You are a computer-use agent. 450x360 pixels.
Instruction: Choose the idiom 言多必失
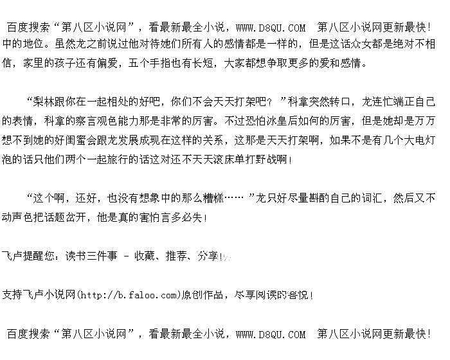point(181,218)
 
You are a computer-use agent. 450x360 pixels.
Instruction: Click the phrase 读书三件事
point(90,256)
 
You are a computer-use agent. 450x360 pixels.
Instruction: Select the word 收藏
point(145,256)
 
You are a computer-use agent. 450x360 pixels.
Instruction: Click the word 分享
point(208,256)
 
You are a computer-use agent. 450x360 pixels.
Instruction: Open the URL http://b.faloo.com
point(127,295)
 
